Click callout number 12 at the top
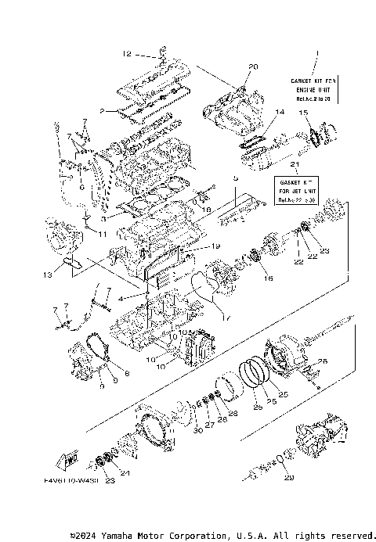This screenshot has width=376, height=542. tap(127, 54)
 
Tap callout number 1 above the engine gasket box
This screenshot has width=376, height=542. tap(316, 54)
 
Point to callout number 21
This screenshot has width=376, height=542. tap(294, 167)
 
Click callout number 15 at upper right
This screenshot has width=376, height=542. tap(302, 113)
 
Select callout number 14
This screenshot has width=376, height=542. tap(280, 113)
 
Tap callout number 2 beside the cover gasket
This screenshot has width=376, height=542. tap(102, 111)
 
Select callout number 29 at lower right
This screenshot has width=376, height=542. tap(290, 477)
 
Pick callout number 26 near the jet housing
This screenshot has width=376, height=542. tap(320, 361)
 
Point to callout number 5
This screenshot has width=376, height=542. tap(233, 178)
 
